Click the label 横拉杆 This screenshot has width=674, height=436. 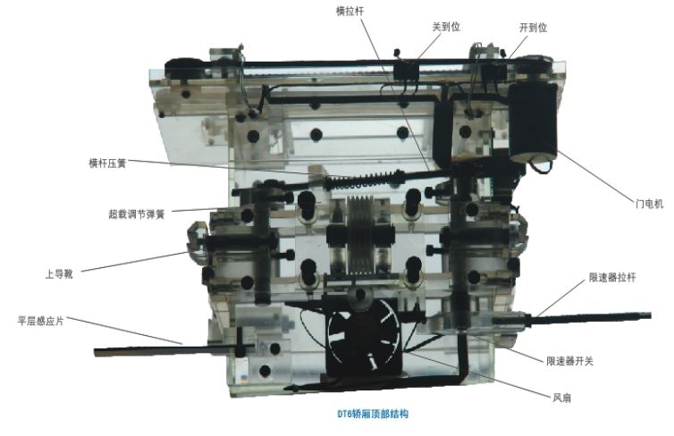pyautogui.click(x=350, y=12)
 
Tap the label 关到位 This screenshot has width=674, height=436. pyautogui.click(x=446, y=27)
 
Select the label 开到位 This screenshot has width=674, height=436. pyautogui.click(x=533, y=28)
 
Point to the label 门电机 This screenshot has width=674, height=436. pyautogui.click(x=649, y=203)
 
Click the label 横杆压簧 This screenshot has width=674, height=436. pyautogui.click(x=107, y=163)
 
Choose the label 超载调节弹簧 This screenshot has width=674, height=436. pyautogui.click(x=137, y=214)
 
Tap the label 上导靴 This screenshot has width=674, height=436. pyautogui.click(x=59, y=273)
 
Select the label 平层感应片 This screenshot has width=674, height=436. pyautogui.click(x=41, y=321)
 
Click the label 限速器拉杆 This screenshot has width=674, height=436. pyautogui.click(x=612, y=278)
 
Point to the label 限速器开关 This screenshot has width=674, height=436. pyautogui.click(x=569, y=361)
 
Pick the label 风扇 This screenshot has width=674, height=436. pyautogui.click(x=561, y=398)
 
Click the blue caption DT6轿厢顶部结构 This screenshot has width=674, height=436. pyautogui.click(x=373, y=414)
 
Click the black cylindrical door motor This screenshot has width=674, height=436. pyautogui.click(x=532, y=122)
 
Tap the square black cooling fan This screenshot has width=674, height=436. pyautogui.click(x=364, y=337)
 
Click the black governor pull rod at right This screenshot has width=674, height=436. pyautogui.click(x=572, y=319)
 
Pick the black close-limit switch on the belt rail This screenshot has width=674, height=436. pyautogui.click(x=406, y=71)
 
